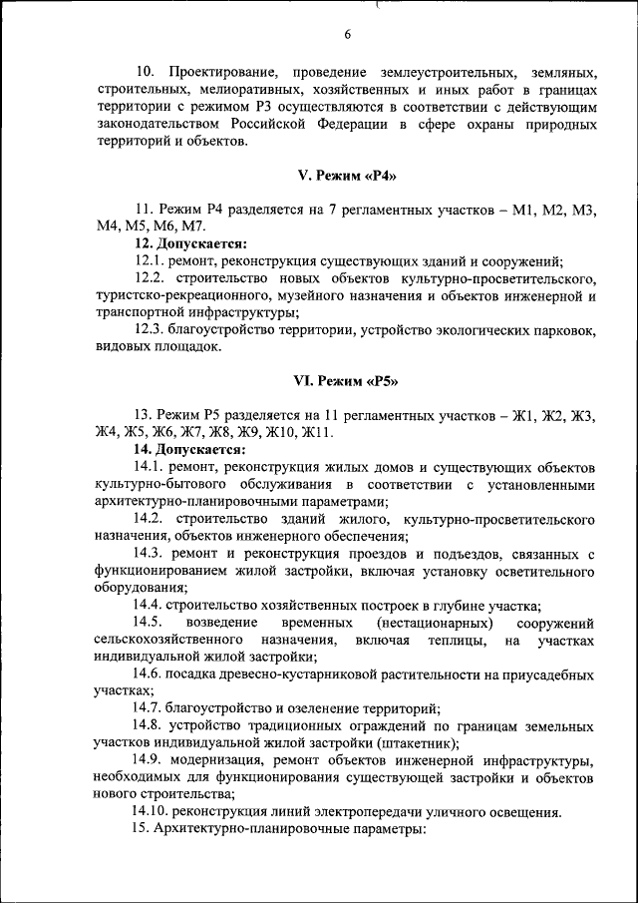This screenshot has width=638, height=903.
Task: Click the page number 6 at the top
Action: [348, 35]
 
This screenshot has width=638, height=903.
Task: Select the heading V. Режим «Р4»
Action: [347, 176]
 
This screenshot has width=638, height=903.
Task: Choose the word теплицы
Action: [458, 639]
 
